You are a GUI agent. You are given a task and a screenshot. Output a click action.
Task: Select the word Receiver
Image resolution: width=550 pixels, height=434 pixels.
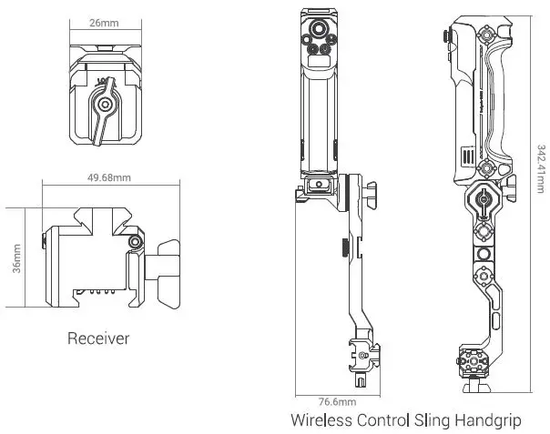coord(98,339)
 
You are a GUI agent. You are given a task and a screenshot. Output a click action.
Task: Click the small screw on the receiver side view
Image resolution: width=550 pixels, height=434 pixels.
coord(136,243)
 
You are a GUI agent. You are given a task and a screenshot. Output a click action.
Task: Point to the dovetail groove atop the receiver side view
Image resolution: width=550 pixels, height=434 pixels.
coord(107,217)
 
